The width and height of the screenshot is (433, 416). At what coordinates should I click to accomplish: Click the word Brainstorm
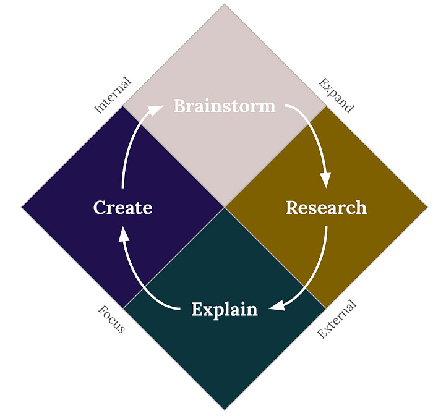[x=224, y=106]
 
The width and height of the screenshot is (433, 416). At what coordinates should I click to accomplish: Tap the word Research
[x=326, y=208]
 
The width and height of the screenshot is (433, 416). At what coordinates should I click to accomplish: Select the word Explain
[x=224, y=308]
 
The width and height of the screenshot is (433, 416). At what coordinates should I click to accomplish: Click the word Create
[x=122, y=208]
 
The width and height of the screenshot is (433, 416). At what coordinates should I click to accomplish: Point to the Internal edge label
[x=113, y=95]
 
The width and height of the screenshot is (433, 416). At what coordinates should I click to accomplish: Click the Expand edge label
[x=336, y=95]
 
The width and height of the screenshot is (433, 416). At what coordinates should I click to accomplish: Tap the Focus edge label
[x=112, y=318]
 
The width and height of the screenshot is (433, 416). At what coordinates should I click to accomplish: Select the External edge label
[x=337, y=319]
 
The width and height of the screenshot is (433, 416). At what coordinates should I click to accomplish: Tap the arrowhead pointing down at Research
[x=325, y=179]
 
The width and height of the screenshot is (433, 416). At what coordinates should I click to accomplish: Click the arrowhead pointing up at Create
[x=123, y=234]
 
